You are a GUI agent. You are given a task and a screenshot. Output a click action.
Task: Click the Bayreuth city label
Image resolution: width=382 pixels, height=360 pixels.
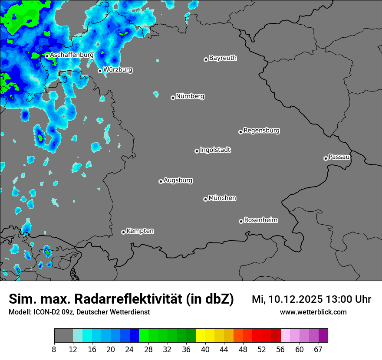pyautogui.click(x=223, y=58)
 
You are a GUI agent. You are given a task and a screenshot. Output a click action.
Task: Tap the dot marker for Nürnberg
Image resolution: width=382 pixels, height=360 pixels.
pyautogui.click(x=173, y=98)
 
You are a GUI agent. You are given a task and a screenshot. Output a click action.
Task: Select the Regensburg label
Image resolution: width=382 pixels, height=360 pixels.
pyautogui.click(x=261, y=130)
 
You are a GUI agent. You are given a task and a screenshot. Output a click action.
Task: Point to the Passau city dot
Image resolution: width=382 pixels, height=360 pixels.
pyautogui.click(x=326, y=158)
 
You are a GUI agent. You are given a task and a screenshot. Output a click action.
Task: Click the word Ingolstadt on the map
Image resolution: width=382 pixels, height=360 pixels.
pyautogui.click(x=215, y=150)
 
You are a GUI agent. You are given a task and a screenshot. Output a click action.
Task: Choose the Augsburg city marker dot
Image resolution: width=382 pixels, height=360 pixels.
pyautogui.click(x=161, y=181)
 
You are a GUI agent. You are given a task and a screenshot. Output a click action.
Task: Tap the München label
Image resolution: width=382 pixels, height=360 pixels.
pyautogui.click(x=222, y=198)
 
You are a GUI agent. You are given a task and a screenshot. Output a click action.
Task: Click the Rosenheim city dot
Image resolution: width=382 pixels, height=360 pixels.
pyautogui.click(x=241, y=222)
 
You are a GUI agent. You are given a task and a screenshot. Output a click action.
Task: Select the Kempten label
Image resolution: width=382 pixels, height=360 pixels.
pyautogui.click(x=140, y=231)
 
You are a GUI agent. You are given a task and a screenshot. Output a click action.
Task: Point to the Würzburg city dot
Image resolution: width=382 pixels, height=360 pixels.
pyautogui.click(x=100, y=71)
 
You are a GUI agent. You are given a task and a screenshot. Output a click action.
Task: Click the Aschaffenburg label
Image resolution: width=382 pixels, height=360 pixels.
pyautogui.click(x=72, y=55)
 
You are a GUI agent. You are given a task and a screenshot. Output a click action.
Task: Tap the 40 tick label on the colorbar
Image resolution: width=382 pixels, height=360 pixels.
pyautogui.click(x=205, y=350)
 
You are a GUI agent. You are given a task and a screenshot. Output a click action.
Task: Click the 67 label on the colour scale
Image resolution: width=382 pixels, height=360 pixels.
pyautogui.click(x=318, y=350)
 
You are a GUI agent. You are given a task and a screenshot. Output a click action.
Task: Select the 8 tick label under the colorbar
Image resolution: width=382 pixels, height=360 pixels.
pyautogui.click(x=54, y=350)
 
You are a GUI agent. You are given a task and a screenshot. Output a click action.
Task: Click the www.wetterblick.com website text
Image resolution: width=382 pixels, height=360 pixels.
pyautogui.click(x=313, y=312)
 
